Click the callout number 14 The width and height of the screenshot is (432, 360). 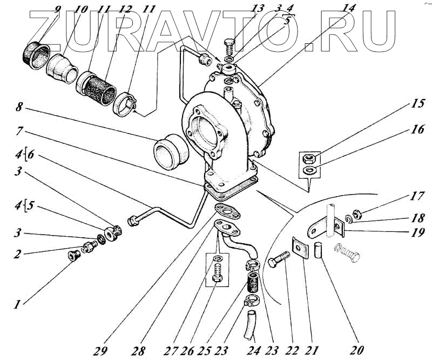(x=350, y=8)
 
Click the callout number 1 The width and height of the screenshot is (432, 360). (x=18, y=305)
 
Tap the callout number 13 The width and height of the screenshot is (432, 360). (x=258, y=8)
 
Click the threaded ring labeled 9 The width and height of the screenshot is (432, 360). (x=36, y=52)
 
